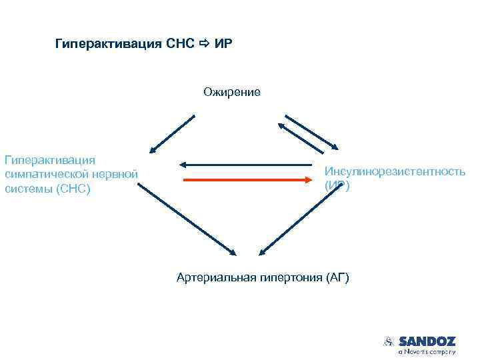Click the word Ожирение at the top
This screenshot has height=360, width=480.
(x=232, y=92)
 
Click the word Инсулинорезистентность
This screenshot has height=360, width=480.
(x=395, y=172)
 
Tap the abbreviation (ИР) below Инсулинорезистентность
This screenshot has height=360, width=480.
(x=337, y=186)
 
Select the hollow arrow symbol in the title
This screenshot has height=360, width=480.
(x=204, y=44)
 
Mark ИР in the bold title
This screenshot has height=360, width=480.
(x=223, y=44)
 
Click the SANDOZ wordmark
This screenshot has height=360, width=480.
(x=427, y=340)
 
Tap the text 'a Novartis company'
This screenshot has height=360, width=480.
(x=427, y=351)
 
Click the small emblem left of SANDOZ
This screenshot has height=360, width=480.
(x=389, y=341)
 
